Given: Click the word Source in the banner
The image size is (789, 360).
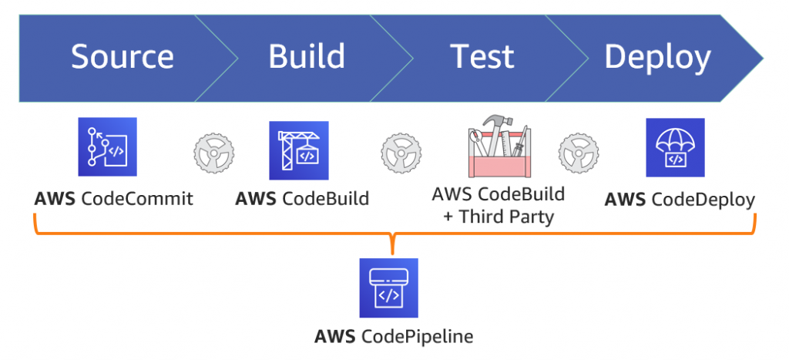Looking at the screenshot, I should coord(123,57).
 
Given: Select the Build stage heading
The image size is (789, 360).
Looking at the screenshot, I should coord(307,57).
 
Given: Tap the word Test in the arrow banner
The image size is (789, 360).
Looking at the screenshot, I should coord(482,57).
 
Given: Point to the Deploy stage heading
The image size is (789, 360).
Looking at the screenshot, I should coord(656,57).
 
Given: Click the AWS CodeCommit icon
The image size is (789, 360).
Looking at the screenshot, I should coord(107,147).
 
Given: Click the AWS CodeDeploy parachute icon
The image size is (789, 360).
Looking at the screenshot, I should coord(676,147).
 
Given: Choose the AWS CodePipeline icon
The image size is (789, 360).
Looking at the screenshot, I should coord(389,288).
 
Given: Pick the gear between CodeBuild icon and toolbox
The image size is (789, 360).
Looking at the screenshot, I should coord(400,152).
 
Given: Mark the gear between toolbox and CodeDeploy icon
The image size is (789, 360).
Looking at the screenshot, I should coord(579,152).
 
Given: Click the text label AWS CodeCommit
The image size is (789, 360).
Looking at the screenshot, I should coord(113,199).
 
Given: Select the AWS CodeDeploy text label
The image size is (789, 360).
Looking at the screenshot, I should coord(680,200).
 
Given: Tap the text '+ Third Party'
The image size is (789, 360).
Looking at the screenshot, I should coord(499,217).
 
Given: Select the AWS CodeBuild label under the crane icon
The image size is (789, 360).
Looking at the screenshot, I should coord(302,199).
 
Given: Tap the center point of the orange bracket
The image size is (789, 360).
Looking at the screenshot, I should coord(393,245).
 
